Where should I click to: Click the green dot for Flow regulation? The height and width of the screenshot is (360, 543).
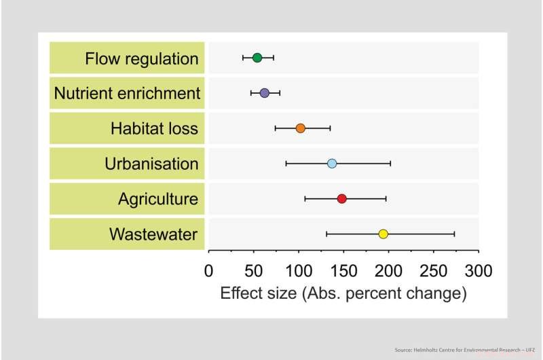click(257, 58)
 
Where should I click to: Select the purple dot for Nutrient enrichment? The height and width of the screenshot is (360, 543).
click(265, 93)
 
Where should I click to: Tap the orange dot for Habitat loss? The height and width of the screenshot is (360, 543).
click(301, 128)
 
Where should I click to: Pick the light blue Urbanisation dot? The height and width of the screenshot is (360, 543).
click(332, 164)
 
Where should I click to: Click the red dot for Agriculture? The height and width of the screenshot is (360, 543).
click(342, 199)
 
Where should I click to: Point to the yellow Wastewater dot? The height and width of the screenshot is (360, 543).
click(383, 234)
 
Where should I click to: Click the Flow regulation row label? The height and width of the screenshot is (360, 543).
click(142, 59)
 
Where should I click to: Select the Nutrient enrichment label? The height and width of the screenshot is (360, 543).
click(127, 94)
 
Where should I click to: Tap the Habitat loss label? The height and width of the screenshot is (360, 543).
click(155, 129)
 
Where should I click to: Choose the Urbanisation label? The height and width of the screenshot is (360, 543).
click(151, 164)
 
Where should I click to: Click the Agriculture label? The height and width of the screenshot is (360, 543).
click(158, 199)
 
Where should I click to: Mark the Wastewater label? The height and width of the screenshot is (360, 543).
click(153, 234)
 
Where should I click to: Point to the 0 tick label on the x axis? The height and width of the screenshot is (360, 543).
click(208, 271)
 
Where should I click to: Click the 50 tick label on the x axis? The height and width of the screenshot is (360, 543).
click(253, 271)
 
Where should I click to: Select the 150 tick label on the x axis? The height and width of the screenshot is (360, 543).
click(343, 271)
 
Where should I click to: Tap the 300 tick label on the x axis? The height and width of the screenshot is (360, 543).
click(478, 271)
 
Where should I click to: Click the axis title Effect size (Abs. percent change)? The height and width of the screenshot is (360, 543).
click(343, 294)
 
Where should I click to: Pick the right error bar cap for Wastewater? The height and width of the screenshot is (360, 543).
click(454, 234)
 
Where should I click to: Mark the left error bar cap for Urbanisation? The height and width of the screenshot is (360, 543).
click(286, 164)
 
